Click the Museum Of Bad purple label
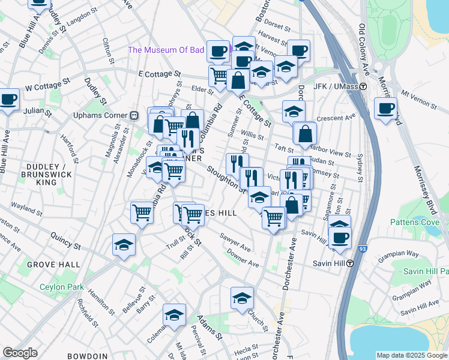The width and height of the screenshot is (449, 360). pyautogui.click(x=166, y=50)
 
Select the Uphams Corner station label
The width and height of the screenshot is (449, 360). pyautogui.click(x=101, y=115)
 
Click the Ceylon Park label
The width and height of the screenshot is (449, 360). pyautogui.click(x=62, y=287)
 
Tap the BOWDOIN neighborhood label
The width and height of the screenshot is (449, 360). pyautogui.click(x=87, y=356)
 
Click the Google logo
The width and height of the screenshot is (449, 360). pyautogui.click(x=20, y=353)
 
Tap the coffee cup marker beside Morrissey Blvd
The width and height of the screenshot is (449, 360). pyautogui.click(x=385, y=109)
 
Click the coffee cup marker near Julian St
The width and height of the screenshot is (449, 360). pyautogui.click(x=8, y=100)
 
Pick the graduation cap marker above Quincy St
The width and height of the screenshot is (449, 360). pyautogui.click(x=124, y=245)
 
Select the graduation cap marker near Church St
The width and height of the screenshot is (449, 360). pyautogui.click(x=242, y=298)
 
